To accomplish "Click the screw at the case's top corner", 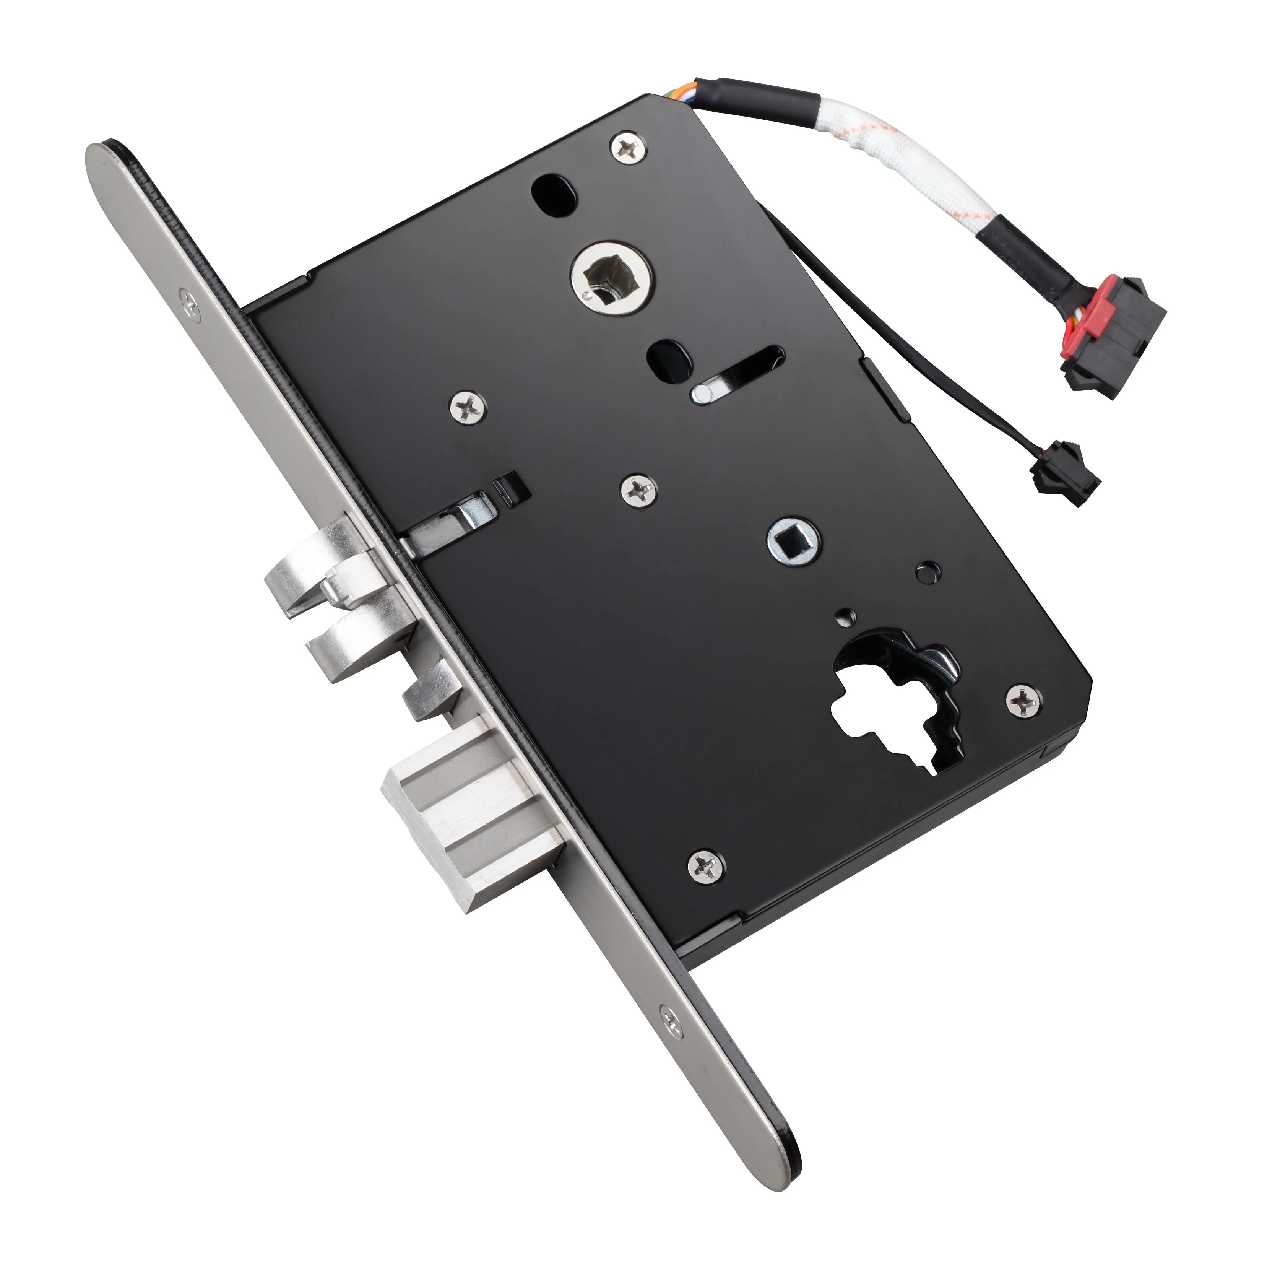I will (627, 147).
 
